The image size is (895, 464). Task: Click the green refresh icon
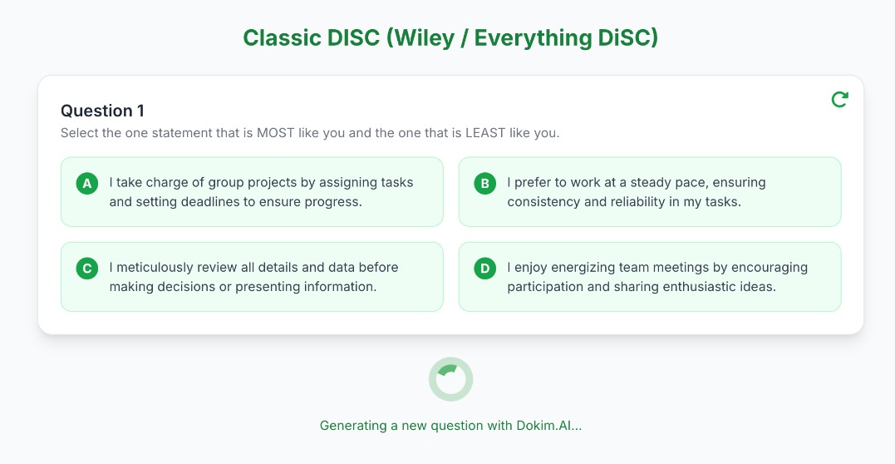click(839, 100)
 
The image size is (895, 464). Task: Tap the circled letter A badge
click(87, 184)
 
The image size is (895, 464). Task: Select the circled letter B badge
click(485, 184)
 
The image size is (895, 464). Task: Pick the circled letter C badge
click(87, 268)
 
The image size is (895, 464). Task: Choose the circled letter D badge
click(485, 268)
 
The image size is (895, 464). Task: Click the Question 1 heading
click(103, 111)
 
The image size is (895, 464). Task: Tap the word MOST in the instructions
click(276, 133)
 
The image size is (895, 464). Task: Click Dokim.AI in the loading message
click(549, 425)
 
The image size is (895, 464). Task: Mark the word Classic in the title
click(282, 38)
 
